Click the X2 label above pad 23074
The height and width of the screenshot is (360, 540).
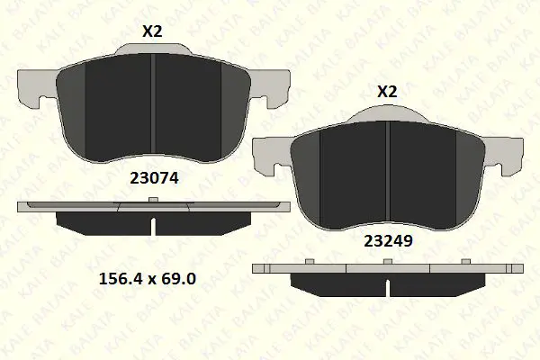tap(152, 31)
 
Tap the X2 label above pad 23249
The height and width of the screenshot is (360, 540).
tap(387, 92)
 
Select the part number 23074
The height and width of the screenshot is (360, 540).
tap(154, 178)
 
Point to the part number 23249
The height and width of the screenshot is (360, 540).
tap(388, 241)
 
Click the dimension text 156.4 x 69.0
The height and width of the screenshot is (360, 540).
tap(148, 278)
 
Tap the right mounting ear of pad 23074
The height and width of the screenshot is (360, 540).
tap(270, 88)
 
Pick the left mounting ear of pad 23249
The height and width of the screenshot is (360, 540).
tap(271, 156)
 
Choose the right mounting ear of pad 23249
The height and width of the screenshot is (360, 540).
tap(504, 156)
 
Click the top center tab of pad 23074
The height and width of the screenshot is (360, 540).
tap(153, 49)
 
